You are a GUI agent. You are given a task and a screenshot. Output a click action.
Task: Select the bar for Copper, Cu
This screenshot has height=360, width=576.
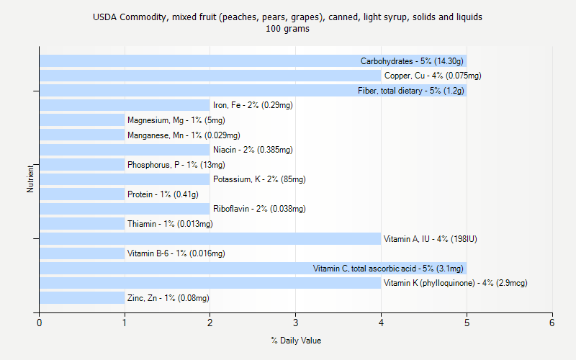(x=209, y=76)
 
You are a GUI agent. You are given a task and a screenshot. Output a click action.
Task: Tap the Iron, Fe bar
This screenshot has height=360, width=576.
(x=124, y=105)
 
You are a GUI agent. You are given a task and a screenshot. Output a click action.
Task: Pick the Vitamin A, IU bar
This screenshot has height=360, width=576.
(x=209, y=239)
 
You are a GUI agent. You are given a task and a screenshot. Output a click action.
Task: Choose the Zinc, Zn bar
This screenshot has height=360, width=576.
(x=81, y=298)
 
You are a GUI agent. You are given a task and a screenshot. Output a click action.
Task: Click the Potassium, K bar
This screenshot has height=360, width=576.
(x=124, y=179)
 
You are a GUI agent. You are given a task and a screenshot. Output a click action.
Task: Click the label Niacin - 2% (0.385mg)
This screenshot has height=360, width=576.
(x=253, y=150)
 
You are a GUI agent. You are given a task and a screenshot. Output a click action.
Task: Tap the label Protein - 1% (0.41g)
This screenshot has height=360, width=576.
(x=163, y=194)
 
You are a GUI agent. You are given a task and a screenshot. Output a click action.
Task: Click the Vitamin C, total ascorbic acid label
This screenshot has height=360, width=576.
(x=388, y=269)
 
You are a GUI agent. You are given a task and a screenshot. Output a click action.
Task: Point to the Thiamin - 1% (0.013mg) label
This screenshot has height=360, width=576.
(x=170, y=224)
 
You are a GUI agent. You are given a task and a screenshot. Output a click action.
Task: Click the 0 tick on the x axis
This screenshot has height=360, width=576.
(x=40, y=323)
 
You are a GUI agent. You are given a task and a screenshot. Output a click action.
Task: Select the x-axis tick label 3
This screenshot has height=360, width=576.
(x=296, y=323)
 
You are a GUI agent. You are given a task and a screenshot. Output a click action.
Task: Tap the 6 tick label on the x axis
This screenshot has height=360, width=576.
(x=552, y=323)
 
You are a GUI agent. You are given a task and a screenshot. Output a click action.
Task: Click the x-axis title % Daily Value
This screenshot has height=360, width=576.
(x=296, y=341)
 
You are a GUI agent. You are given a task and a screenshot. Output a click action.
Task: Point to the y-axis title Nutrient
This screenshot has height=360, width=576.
(x=30, y=179)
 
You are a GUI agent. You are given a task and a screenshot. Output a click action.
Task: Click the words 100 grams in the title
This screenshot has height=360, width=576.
(x=287, y=30)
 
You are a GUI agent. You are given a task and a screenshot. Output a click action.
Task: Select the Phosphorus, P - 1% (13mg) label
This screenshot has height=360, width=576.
(x=176, y=165)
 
